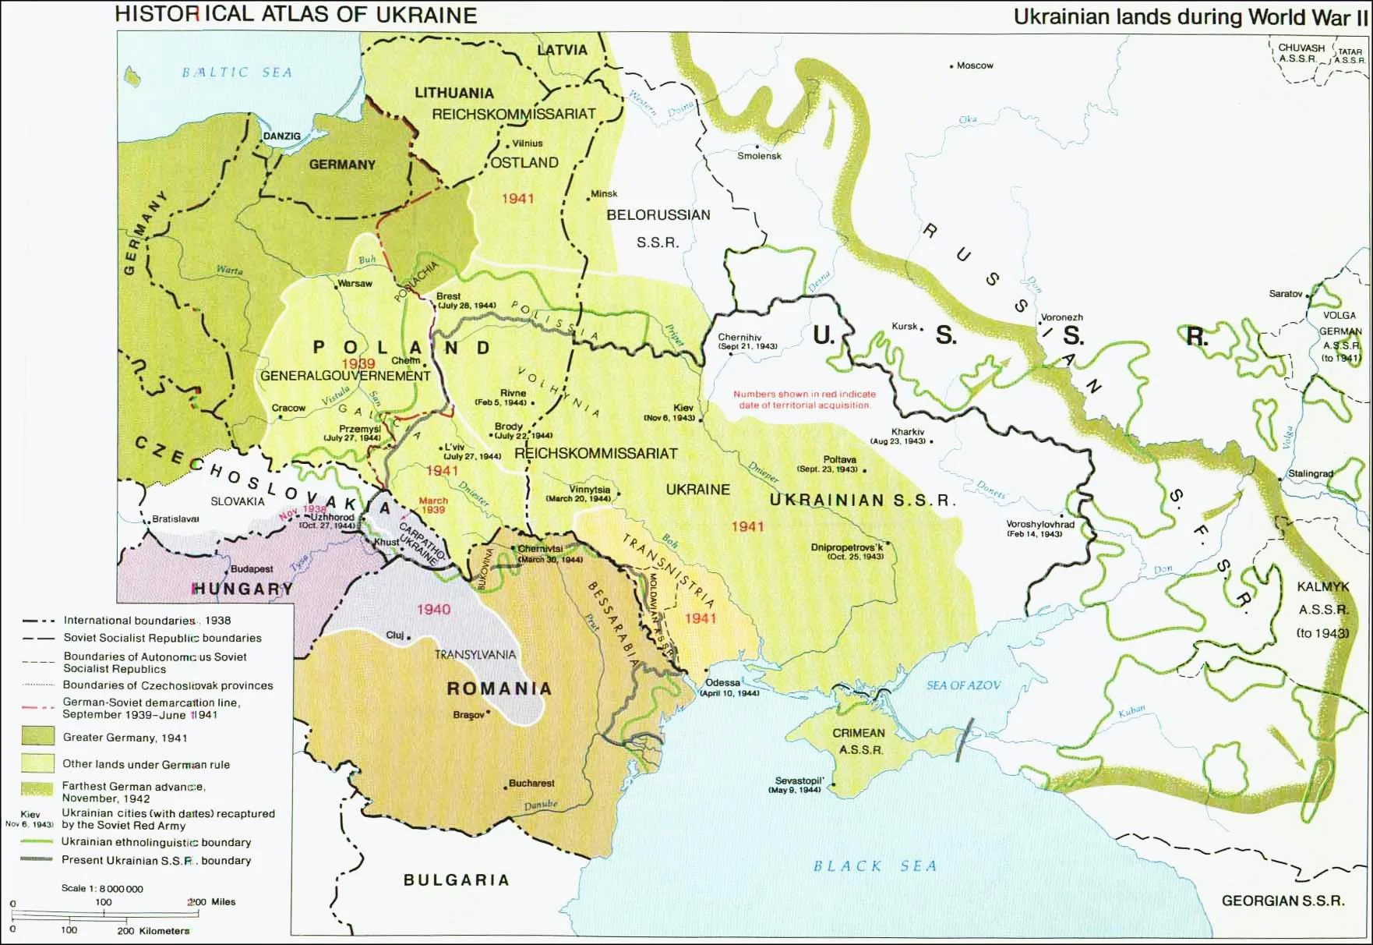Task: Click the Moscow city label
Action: (975, 65)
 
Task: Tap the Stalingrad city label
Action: (1310, 473)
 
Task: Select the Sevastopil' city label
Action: (799, 780)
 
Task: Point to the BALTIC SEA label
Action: (237, 73)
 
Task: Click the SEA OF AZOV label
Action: (963, 685)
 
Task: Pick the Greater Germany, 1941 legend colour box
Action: (37, 737)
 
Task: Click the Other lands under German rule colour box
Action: (37, 763)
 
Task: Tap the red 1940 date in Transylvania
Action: (433, 609)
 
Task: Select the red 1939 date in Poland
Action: (358, 363)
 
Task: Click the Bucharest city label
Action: (531, 783)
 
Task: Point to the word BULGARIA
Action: (456, 880)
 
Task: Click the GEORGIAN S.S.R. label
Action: (1283, 901)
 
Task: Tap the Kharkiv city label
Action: (908, 432)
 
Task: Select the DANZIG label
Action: (281, 136)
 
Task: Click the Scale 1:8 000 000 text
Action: (102, 888)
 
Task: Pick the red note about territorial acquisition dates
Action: (804, 399)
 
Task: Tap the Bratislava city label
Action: (175, 519)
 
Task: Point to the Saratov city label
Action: (1285, 294)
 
